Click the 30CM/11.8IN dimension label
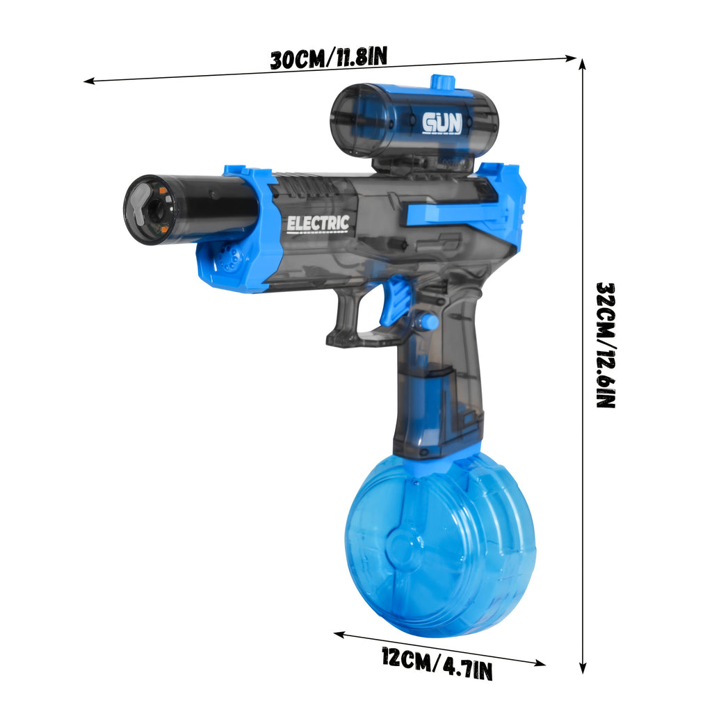[328, 58]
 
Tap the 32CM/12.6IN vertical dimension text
[606, 345]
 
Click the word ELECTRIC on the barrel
[318, 224]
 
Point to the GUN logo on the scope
[442, 123]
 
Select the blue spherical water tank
[439, 544]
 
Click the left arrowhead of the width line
[88, 81]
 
